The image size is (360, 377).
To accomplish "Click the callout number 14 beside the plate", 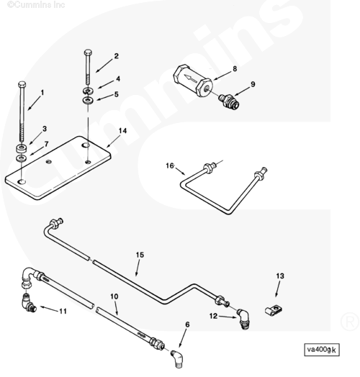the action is pos(122,131).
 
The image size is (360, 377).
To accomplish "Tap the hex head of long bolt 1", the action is pos(22,84).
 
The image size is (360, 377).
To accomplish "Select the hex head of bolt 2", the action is pos(88,53).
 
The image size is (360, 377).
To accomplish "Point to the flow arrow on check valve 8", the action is pos(189,78).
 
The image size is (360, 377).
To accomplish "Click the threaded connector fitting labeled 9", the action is pos(229,101).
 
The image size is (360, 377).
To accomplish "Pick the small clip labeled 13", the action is pos(274,310).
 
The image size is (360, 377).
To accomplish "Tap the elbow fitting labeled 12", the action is pos(243,319).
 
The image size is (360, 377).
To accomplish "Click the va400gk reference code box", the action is pos(322,350).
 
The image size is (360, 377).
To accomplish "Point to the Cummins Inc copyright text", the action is pos(36,4).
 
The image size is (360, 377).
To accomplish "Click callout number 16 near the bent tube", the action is pos(170,165).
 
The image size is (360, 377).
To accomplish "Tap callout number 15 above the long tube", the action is pos(140,255).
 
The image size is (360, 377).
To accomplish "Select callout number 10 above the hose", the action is pos(114,296).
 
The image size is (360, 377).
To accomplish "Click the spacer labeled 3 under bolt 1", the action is pos(22,148).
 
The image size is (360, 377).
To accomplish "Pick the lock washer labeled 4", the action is pos(89,91).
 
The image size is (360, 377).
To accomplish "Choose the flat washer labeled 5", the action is pos(88,100).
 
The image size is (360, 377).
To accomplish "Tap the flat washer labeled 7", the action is pos(21,158).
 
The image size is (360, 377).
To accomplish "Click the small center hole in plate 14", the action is pos(49,162).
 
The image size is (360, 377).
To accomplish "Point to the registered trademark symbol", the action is pos(350,321).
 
